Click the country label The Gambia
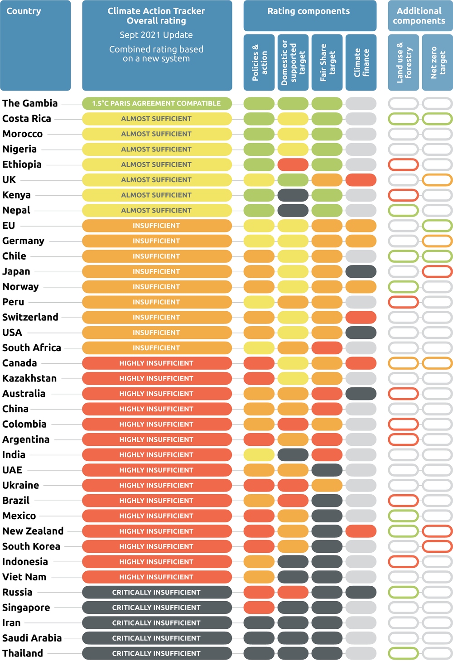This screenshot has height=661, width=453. pyautogui.click(x=30, y=103)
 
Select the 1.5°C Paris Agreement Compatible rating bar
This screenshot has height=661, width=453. pyautogui.click(x=157, y=103)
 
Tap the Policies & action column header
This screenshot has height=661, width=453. pyautogui.click(x=259, y=63)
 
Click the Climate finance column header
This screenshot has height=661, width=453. pyautogui.click(x=361, y=63)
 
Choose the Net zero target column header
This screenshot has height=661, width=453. pyautogui.click(x=438, y=63)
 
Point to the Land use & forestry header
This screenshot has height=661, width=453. pyautogui.click(x=404, y=63)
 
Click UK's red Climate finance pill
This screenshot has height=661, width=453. pyautogui.click(x=361, y=180)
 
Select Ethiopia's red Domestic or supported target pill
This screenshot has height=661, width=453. pyautogui.click(x=293, y=164)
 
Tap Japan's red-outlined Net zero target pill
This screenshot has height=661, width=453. pyautogui.click(x=438, y=271)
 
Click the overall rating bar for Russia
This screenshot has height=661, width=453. pyautogui.click(x=157, y=592)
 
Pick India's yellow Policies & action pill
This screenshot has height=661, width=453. pyautogui.click(x=259, y=455)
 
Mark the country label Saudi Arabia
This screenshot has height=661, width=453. pyautogui.click(x=32, y=638)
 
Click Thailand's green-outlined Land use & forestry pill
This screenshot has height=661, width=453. pyautogui.click(x=404, y=653)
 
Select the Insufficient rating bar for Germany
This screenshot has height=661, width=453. pyautogui.click(x=157, y=241)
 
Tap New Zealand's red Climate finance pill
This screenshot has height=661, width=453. pyautogui.click(x=361, y=531)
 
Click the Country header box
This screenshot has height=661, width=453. pyautogui.click(x=35, y=45)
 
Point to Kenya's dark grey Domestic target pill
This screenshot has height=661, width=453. pyautogui.click(x=293, y=195)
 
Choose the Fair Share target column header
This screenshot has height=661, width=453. pyautogui.click(x=327, y=63)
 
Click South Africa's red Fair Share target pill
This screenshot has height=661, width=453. pyautogui.click(x=327, y=348)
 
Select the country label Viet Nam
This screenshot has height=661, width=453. pyautogui.click(x=24, y=577)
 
